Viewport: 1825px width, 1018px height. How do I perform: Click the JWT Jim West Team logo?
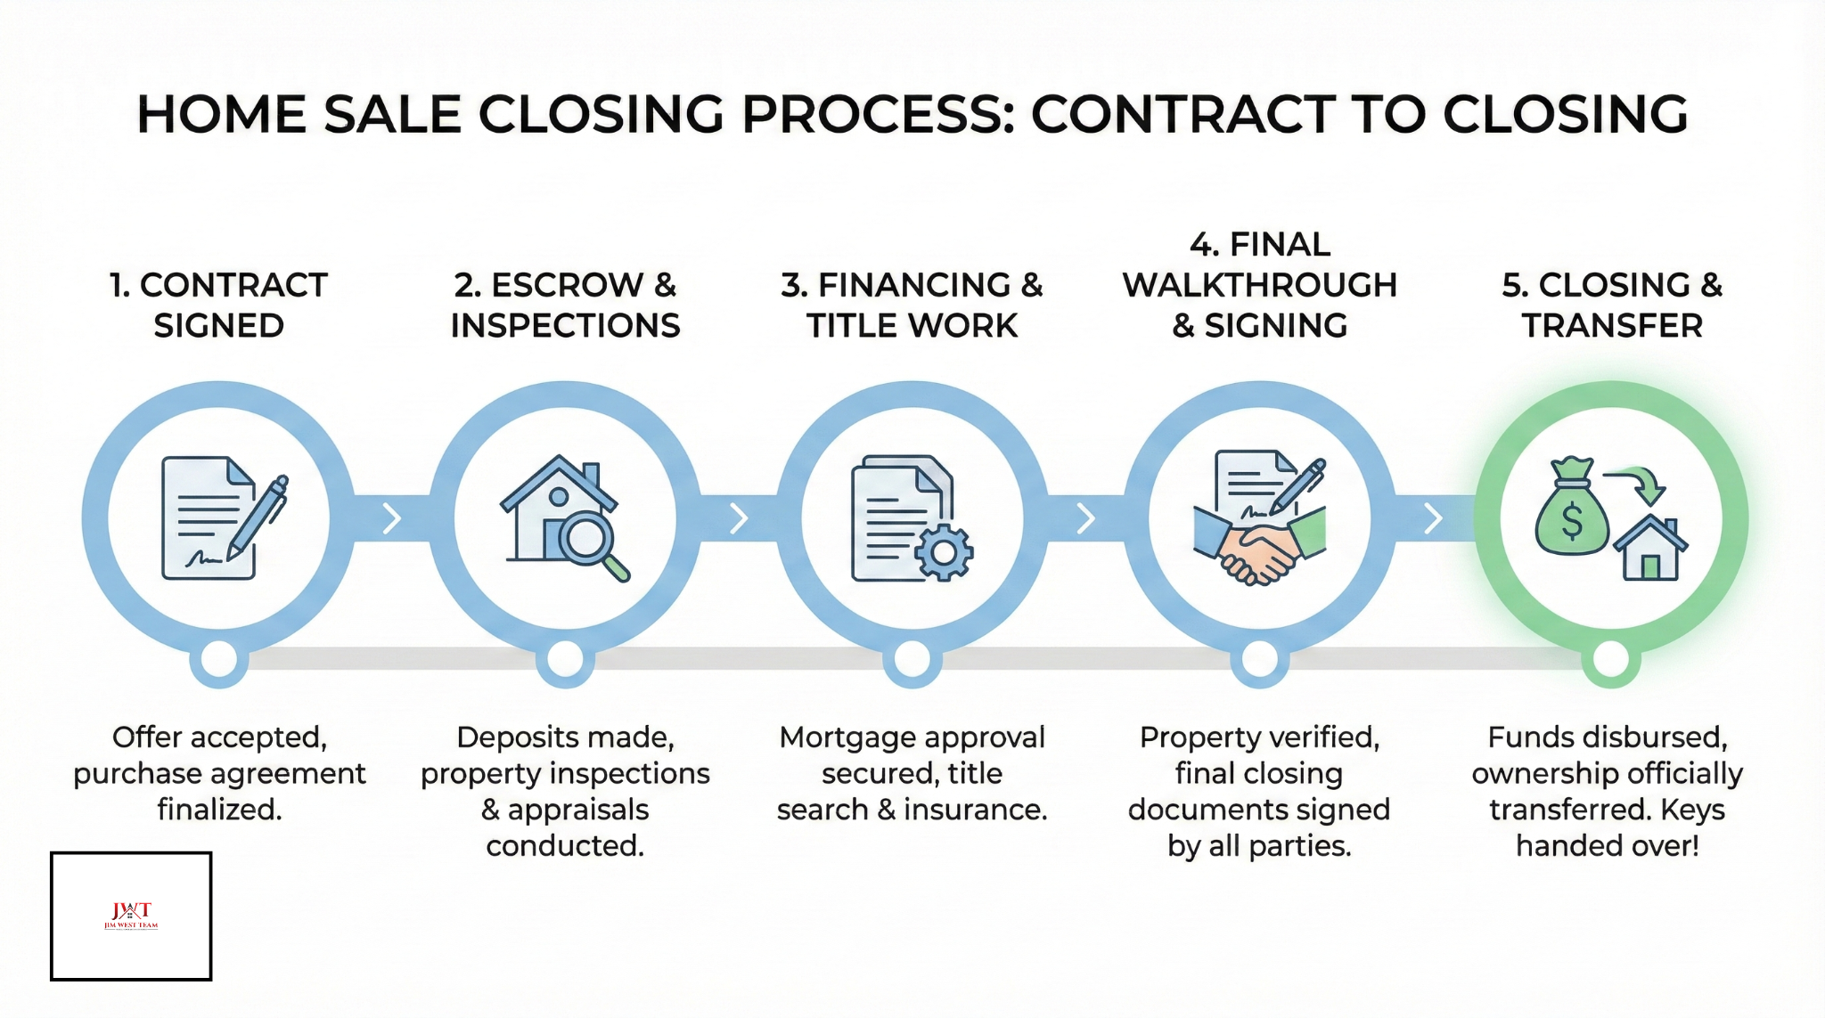(131, 915)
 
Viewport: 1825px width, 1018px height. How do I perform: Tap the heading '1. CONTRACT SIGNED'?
(218, 305)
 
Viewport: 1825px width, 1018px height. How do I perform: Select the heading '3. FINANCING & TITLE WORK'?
(912, 305)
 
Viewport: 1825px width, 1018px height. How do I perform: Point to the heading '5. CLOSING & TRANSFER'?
(1611, 305)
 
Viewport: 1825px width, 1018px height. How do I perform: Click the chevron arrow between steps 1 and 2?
(392, 518)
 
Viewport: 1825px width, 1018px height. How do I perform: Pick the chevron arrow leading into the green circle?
(1433, 518)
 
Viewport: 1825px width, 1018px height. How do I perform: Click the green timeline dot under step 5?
(1611, 660)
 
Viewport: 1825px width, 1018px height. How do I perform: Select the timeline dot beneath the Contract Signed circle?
(219, 660)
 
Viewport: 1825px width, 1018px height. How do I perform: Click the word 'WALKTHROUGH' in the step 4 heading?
(1259, 285)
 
